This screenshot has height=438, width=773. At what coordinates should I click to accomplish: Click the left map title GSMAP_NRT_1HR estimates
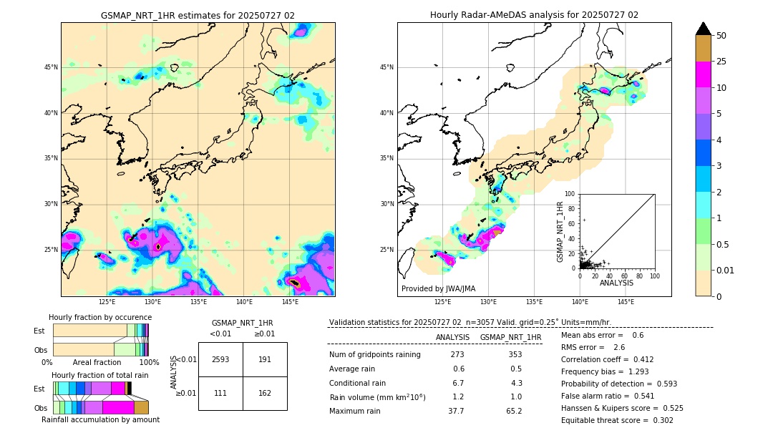(198, 15)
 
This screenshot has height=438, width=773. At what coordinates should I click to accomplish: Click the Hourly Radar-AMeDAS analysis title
(534, 15)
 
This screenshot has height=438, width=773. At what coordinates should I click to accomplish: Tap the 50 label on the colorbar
(721, 36)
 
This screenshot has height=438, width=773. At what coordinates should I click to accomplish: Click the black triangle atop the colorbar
(704, 29)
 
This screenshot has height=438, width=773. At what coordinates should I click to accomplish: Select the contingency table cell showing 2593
(220, 359)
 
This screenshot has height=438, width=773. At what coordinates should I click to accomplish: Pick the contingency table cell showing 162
(265, 393)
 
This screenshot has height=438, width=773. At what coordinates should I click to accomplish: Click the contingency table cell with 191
(265, 359)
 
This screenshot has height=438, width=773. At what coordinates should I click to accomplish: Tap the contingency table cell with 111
(220, 393)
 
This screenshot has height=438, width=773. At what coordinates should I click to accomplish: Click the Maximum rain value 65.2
(514, 411)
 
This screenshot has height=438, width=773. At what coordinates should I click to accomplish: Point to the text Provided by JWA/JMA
(438, 289)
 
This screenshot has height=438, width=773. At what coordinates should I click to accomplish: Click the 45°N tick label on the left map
(51, 67)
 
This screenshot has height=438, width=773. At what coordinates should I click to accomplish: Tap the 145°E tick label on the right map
(626, 302)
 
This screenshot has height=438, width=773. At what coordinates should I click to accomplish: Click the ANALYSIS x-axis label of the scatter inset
(616, 283)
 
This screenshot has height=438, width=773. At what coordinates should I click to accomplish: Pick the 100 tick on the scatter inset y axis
(570, 194)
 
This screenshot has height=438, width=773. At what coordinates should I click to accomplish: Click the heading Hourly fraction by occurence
(100, 317)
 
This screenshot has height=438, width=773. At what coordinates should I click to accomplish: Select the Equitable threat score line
(617, 420)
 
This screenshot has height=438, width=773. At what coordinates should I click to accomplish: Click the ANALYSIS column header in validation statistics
(452, 337)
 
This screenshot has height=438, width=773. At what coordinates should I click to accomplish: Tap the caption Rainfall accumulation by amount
(100, 419)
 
